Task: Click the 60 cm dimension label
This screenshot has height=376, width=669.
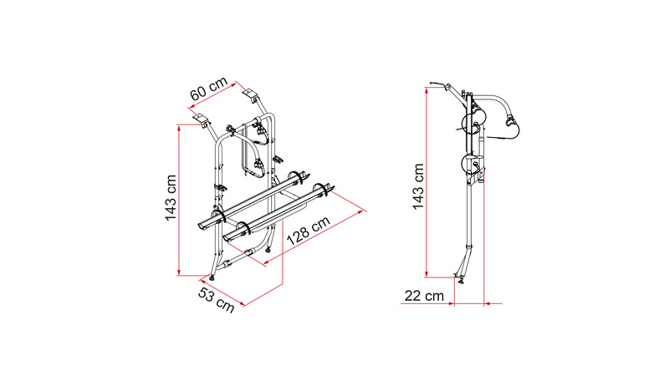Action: point(208,89)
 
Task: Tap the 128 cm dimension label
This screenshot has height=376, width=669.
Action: point(308,231)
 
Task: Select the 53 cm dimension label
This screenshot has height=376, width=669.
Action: point(217,299)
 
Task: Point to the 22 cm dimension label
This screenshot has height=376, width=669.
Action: point(424,296)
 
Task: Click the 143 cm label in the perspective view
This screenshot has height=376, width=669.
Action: point(171,198)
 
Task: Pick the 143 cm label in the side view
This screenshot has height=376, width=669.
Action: point(418,186)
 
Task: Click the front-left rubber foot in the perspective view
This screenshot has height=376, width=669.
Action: point(212,277)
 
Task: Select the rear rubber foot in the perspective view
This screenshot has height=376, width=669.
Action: point(268,249)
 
